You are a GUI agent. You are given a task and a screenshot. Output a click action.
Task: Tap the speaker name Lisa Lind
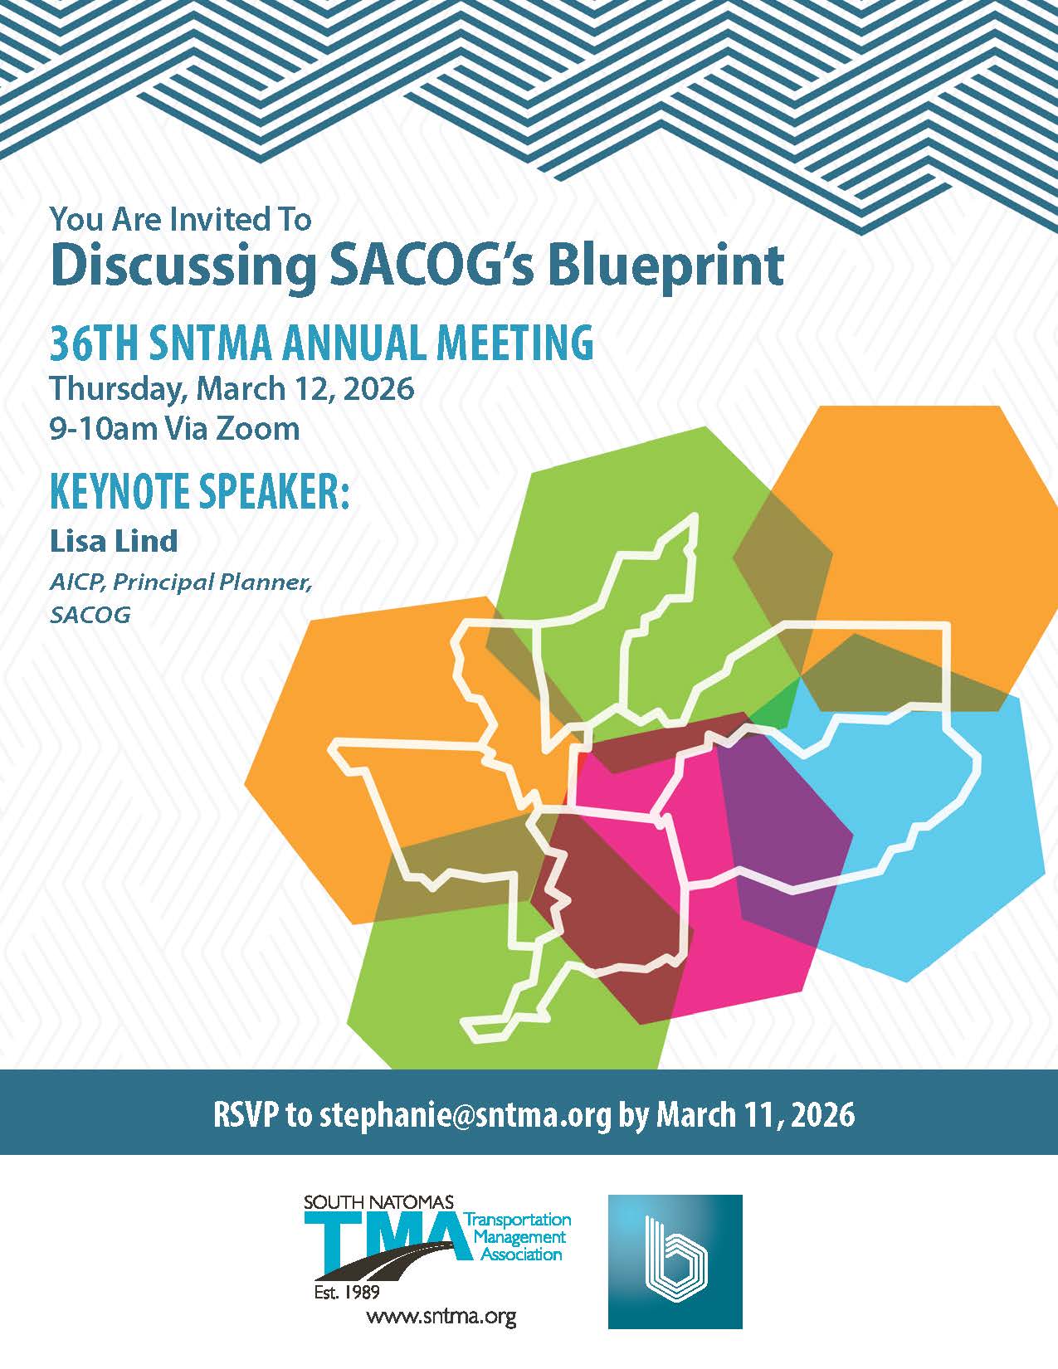(114, 541)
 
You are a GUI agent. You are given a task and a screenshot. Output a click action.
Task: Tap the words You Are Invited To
(181, 220)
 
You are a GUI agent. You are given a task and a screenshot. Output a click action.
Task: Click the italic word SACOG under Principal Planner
(90, 614)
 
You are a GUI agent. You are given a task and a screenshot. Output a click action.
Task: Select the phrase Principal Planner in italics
(212, 582)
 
